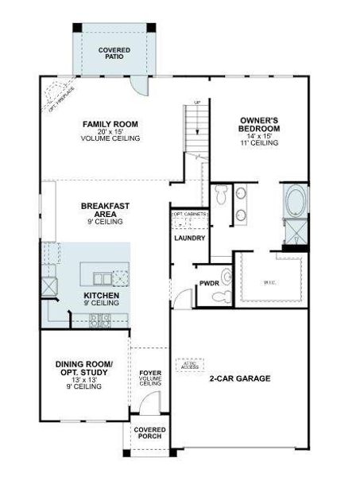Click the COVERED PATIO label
pyautogui.click(x=114, y=54)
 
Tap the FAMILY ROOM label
pyautogui.click(x=110, y=125)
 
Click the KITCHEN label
pyautogui.click(x=101, y=296)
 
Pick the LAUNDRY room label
pyautogui.click(x=189, y=238)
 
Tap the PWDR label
pyautogui.click(x=209, y=282)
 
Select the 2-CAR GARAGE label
pyautogui.click(x=240, y=378)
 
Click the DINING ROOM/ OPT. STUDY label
pyautogui.click(x=84, y=369)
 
